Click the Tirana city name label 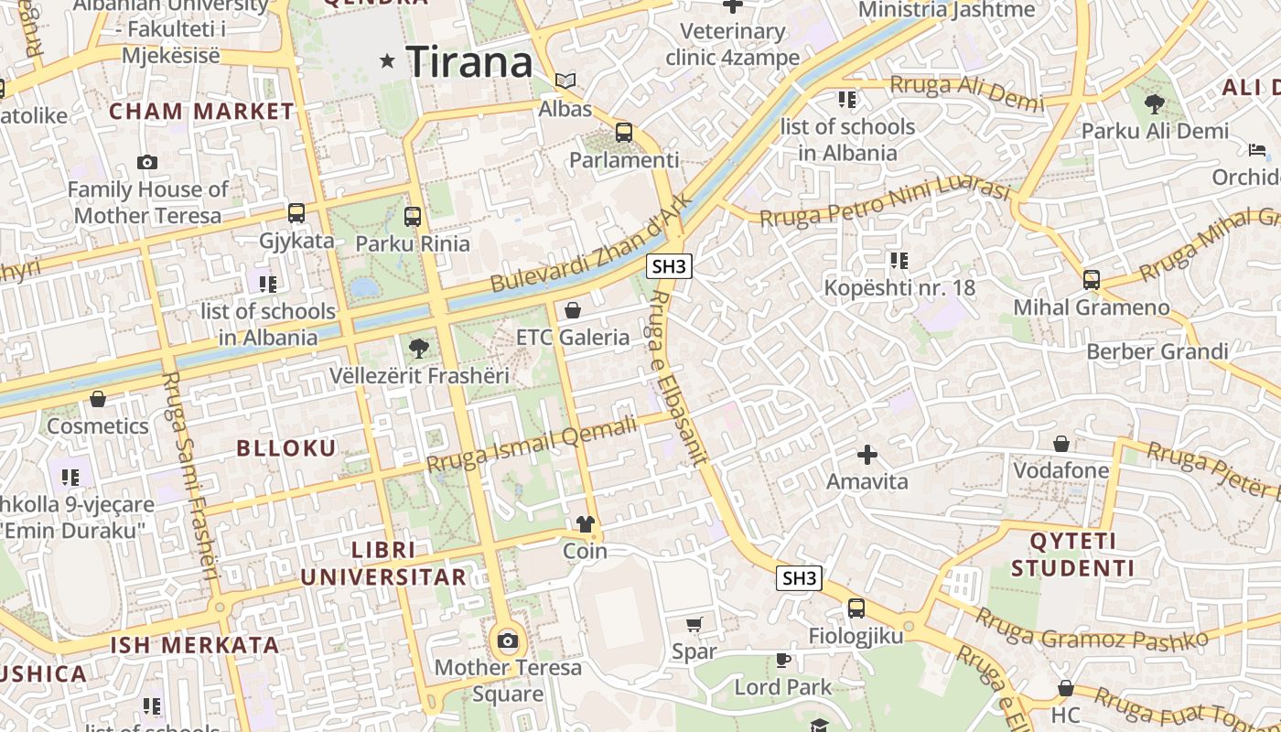[x=469, y=62]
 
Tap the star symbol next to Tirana [x=388, y=61]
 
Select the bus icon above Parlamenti [x=624, y=133]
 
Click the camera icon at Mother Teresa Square [x=508, y=640]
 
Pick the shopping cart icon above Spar [x=694, y=625]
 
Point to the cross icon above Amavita [x=867, y=454]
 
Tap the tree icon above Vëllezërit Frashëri [x=419, y=348]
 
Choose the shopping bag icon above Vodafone [x=1061, y=444]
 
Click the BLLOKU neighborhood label [x=286, y=448]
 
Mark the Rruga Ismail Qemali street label [x=532, y=445]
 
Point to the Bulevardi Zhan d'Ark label [x=587, y=244]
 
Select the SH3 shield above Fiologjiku [x=799, y=578]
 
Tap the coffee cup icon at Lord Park [x=783, y=659]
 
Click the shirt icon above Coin [x=585, y=524]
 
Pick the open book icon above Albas [x=566, y=81]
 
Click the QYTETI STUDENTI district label [x=1072, y=554]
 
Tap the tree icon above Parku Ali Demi [x=1155, y=103]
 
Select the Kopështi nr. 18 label [x=899, y=288]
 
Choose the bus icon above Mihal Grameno [x=1091, y=279]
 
